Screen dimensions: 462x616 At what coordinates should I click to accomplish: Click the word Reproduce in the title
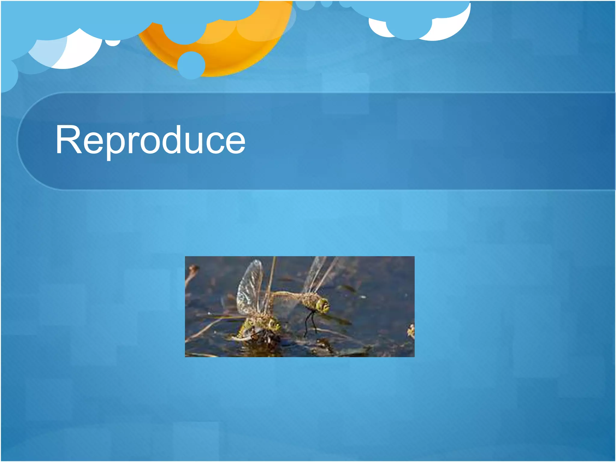click(x=150, y=140)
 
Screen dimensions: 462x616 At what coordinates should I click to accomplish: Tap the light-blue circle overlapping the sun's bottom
click(x=191, y=65)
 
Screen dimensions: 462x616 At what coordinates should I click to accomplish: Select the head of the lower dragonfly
click(x=273, y=325)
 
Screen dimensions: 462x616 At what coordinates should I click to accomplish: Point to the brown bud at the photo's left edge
click(x=192, y=269)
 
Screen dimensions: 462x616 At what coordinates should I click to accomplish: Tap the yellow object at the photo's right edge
click(x=411, y=331)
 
